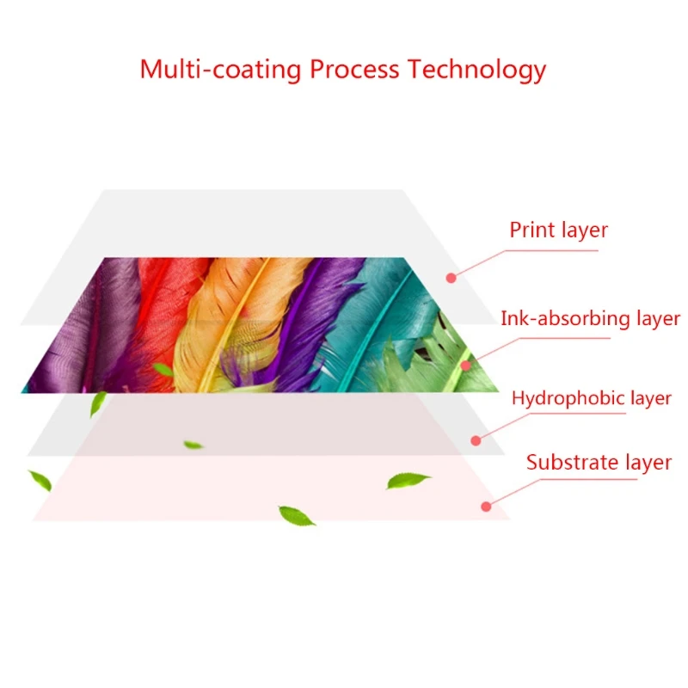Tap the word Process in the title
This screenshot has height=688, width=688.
(x=354, y=69)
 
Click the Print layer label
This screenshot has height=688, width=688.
(x=558, y=230)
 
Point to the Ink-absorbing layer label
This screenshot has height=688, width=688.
(x=590, y=319)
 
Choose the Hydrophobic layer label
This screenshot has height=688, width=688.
(x=591, y=398)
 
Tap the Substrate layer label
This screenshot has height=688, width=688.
(x=599, y=463)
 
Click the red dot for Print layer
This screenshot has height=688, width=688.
(x=451, y=277)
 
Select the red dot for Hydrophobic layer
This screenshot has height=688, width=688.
(x=475, y=440)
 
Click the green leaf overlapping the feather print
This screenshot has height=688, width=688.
(x=163, y=370)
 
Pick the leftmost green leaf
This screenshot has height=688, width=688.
(x=40, y=480)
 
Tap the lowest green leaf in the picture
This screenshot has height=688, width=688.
(x=297, y=515)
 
